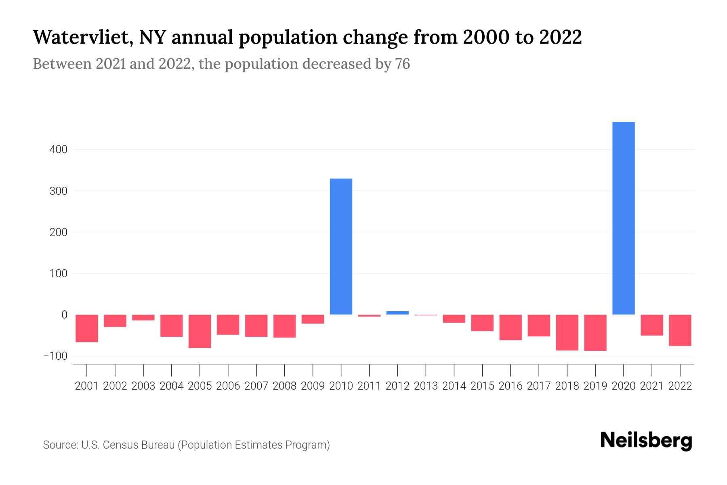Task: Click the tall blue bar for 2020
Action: click(x=623, y=218)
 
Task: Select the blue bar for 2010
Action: click(x=341, y=247)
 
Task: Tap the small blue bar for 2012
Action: click(x=397, y=313)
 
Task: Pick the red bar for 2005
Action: click(x=200, y=331)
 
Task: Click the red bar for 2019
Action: click(x=595, y=333)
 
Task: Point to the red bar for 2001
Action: click(x=87, y=329)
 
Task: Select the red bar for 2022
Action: click(x=680, y=330)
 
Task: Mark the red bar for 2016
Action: click(x=510, y=327)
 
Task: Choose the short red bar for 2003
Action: click(x=143, y=318)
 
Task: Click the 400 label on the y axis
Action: click(x=58, y=150)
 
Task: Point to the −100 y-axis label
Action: click(x=55, y=356)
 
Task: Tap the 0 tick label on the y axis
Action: click(x=64, y=315)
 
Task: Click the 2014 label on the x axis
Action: click(x=454, y=386)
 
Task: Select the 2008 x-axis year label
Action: click(x=284, y=386)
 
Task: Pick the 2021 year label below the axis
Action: click(x=651, y=386)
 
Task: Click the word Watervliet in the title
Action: click(x=82, y=38)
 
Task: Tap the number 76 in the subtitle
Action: click(x=402, y=64)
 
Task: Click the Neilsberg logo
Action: click(x=646, y=440)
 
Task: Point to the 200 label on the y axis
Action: click(x=58, y=232)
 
